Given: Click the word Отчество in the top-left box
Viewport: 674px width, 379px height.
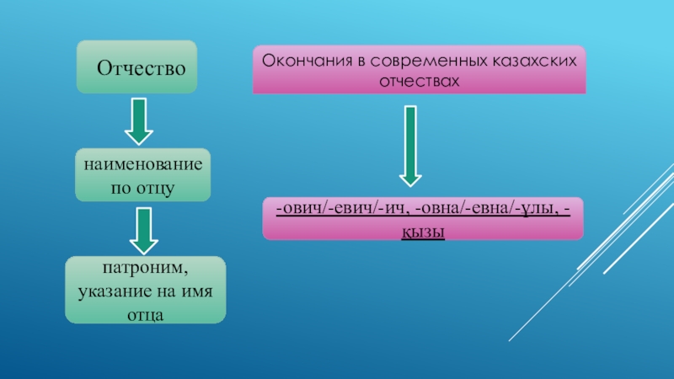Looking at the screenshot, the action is click(x=141, y=66).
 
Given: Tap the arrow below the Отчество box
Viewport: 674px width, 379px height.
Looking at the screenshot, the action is click(x=140, y=121).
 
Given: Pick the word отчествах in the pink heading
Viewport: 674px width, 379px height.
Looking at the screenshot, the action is click(x=419, y=82).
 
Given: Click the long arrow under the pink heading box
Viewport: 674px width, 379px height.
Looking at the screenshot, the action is click(x=410, y=144).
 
